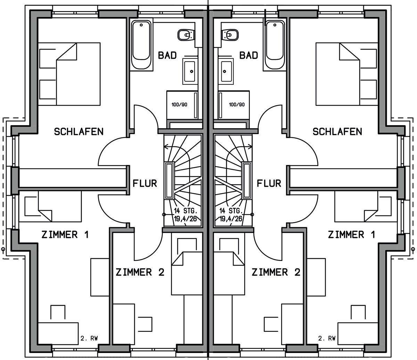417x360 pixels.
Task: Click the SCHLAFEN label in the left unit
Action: tap(79, 132)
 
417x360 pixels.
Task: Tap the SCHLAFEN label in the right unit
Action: tap(337, 132)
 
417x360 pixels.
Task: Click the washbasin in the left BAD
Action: tap(190, 71)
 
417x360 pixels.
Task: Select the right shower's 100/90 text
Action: tap(237, 105)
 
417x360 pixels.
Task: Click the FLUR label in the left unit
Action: tap(145, 183)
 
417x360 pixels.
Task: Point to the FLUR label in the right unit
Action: tap(269, 183)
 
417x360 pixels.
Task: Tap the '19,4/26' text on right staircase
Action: tap(231, 219)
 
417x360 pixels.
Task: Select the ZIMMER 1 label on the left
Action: tap(65, 235)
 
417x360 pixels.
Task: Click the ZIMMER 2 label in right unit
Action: tap(276, 272)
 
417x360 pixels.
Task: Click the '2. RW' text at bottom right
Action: tap(327, 338)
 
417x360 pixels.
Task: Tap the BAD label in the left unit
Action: tap(167, 55)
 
